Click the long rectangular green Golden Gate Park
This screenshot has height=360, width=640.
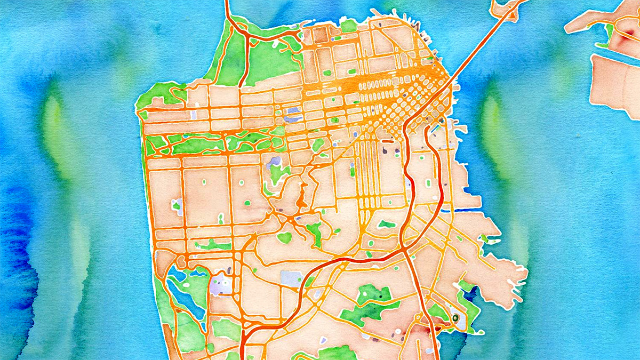click(x=213, y=143)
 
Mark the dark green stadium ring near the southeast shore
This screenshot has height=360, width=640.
click(x=455, y=318)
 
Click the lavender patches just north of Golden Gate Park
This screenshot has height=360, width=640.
click(x=292, y=115)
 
